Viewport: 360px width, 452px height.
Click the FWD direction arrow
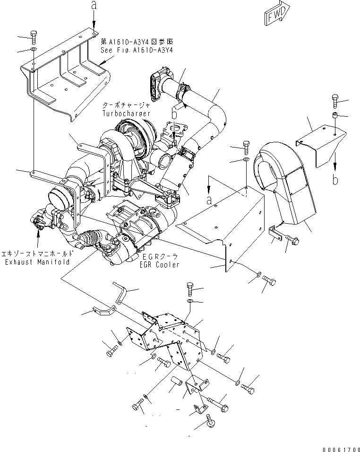276,17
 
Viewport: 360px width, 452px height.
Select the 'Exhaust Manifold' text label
37,261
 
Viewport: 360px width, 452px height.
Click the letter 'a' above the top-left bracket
94,6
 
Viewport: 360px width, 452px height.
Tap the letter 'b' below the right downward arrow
334,181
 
